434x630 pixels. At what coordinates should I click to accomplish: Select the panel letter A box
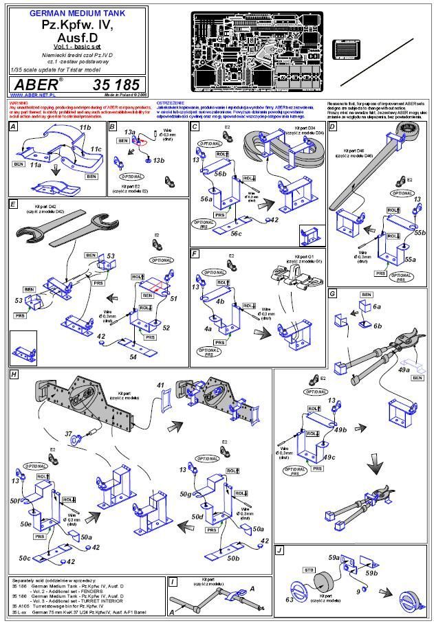coord(14,127)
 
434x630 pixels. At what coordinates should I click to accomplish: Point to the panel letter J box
coord(279,551)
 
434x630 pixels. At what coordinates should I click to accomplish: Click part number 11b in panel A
coord(85,128)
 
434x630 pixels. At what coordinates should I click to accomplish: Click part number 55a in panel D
coord(411,260)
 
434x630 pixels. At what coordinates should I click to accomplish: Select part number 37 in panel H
coord(69,434)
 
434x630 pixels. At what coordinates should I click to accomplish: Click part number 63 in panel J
coord(290,600)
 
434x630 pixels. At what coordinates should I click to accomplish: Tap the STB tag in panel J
coord(309,570)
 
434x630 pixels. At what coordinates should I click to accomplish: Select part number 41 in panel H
coord(161,387)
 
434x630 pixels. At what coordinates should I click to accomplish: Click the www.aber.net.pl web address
coord(32,95)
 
